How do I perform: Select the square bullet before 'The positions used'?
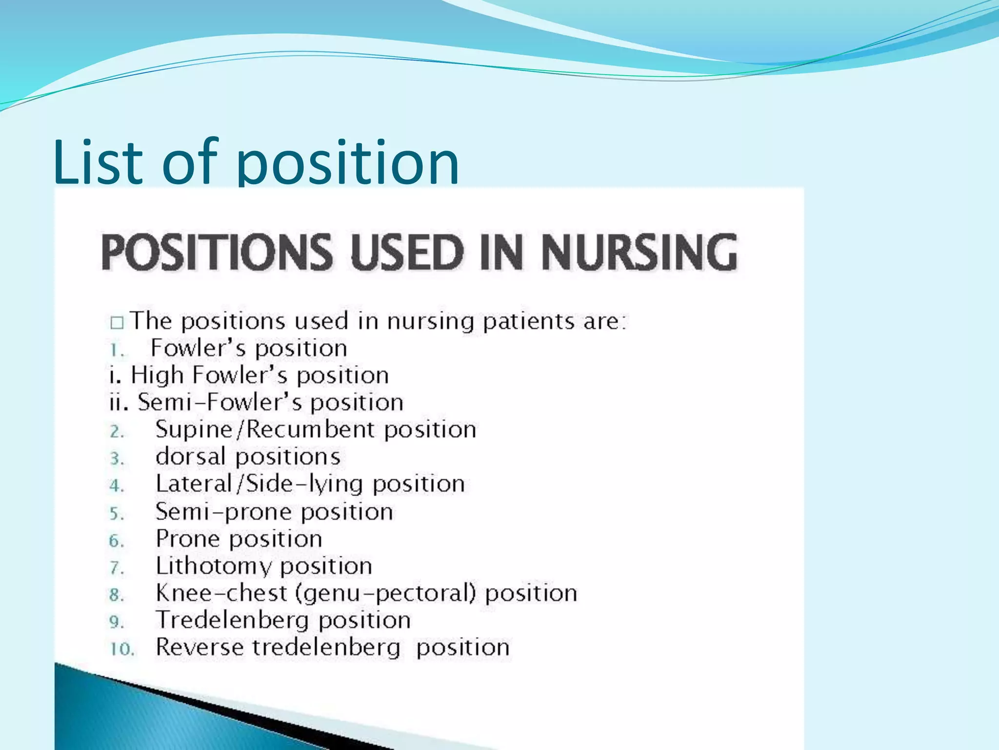tap(117, 323)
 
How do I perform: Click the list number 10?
tap(121, 649)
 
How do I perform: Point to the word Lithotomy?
tap(214, 566)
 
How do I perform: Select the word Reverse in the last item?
tap(200, 647)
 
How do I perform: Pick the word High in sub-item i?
tap(157, 375)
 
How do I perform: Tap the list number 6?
tap(117, 541)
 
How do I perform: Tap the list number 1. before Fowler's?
tap(117, 350)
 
